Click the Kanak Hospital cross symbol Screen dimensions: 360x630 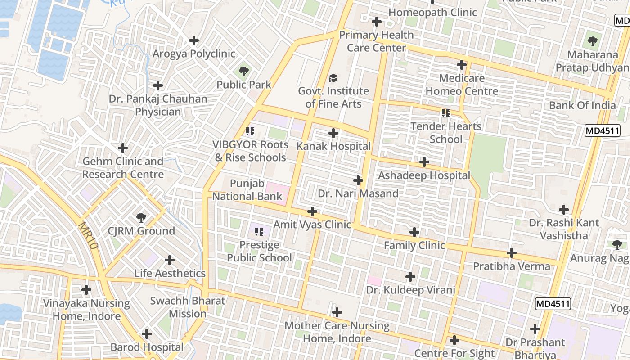333,133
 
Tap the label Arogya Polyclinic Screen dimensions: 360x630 194,54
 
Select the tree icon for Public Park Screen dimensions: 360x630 243,71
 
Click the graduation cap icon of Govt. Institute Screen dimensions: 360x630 333,78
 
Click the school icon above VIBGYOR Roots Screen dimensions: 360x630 250,131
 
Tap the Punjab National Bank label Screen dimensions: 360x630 247,190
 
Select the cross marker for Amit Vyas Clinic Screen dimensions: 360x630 312,211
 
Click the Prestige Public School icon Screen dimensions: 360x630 259,232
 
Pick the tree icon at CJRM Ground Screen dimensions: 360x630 141,218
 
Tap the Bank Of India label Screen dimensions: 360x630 582,105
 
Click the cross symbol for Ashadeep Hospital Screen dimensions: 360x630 424,162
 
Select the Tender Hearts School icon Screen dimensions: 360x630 445,113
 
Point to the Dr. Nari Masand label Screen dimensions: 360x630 358,193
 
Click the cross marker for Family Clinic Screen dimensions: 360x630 414,232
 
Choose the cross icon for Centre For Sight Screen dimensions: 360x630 454,340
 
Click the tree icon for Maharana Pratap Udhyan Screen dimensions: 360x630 593,41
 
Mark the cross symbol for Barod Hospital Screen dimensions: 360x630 147,334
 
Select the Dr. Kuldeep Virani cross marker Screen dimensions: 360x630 410,277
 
